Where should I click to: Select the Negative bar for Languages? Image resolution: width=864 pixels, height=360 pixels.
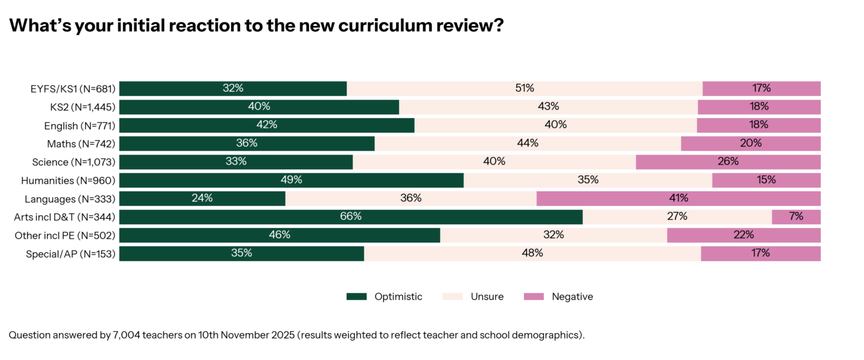tap(679, 198)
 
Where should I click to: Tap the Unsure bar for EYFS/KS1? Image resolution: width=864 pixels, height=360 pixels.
tap(524, 88)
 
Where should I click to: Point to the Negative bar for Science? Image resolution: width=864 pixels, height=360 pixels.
tap(728, 161)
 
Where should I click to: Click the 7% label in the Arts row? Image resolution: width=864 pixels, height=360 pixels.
tap(796, 217)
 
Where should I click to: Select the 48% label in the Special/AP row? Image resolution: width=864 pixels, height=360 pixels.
tap(532, 253)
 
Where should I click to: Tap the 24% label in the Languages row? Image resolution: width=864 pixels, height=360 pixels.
tap(202, 198)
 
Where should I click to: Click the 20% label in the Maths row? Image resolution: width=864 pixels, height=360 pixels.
tap(751, 143)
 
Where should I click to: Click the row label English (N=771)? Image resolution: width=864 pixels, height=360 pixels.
tap(79, 125)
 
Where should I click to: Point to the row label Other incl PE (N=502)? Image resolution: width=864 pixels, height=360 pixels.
tap(65, 235)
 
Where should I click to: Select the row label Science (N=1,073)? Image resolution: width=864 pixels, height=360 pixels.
tap(74, 162)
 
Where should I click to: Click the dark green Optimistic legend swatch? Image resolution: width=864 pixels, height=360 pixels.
tap(356, 296)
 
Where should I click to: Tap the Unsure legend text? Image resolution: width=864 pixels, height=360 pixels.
tap(487, 296)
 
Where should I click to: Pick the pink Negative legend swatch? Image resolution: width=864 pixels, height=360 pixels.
tap(533, 296)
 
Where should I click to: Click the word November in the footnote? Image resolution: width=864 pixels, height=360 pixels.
tap(245, 335)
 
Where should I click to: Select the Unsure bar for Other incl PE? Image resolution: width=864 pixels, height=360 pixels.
tap(553, 235)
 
